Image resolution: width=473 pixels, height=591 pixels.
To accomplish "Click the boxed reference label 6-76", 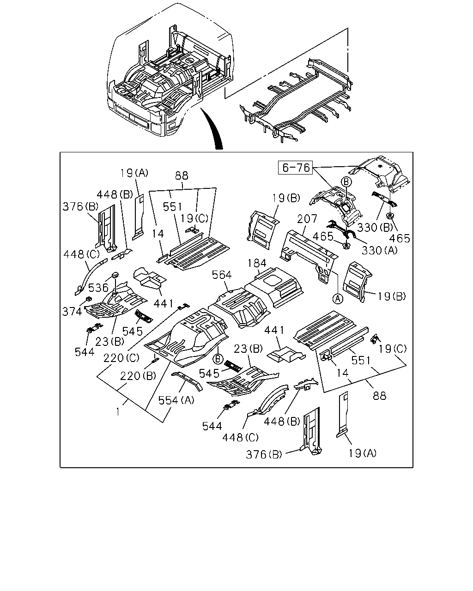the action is pyautogui.click(x=296, y=168).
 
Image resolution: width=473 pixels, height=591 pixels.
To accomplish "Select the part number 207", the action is pyautogui.click(x=307, y=219).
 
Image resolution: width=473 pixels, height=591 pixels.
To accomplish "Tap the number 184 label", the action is pyautogui.click(x=257, y=263).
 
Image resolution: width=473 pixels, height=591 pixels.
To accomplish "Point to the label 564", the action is pyautogui.click(x=222, y=275).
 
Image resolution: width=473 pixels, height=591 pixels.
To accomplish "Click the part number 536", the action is pyautogui.click(x=98, y=288).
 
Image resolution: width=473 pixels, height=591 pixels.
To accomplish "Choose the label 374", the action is pyautogui.click(x=72, y=311).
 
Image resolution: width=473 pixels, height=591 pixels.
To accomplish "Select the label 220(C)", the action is pyautogui.click(x=121, y=358).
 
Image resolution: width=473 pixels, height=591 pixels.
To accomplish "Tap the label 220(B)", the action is pyautogui.click(x=138, y=376).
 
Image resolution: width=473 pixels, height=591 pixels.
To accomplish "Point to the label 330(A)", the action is pyautogui.click(x=379, y=250).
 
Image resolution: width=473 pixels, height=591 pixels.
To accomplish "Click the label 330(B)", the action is pyautogui.click(x=375, y=227).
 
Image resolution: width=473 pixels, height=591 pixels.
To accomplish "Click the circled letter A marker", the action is pyautogui.click(x=338, y=299).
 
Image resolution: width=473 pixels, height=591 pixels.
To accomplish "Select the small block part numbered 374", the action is pyautogui.click(x=89, y=299).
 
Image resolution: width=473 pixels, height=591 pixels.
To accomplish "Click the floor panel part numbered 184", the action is pyautogui.click(x=274, y=287).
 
